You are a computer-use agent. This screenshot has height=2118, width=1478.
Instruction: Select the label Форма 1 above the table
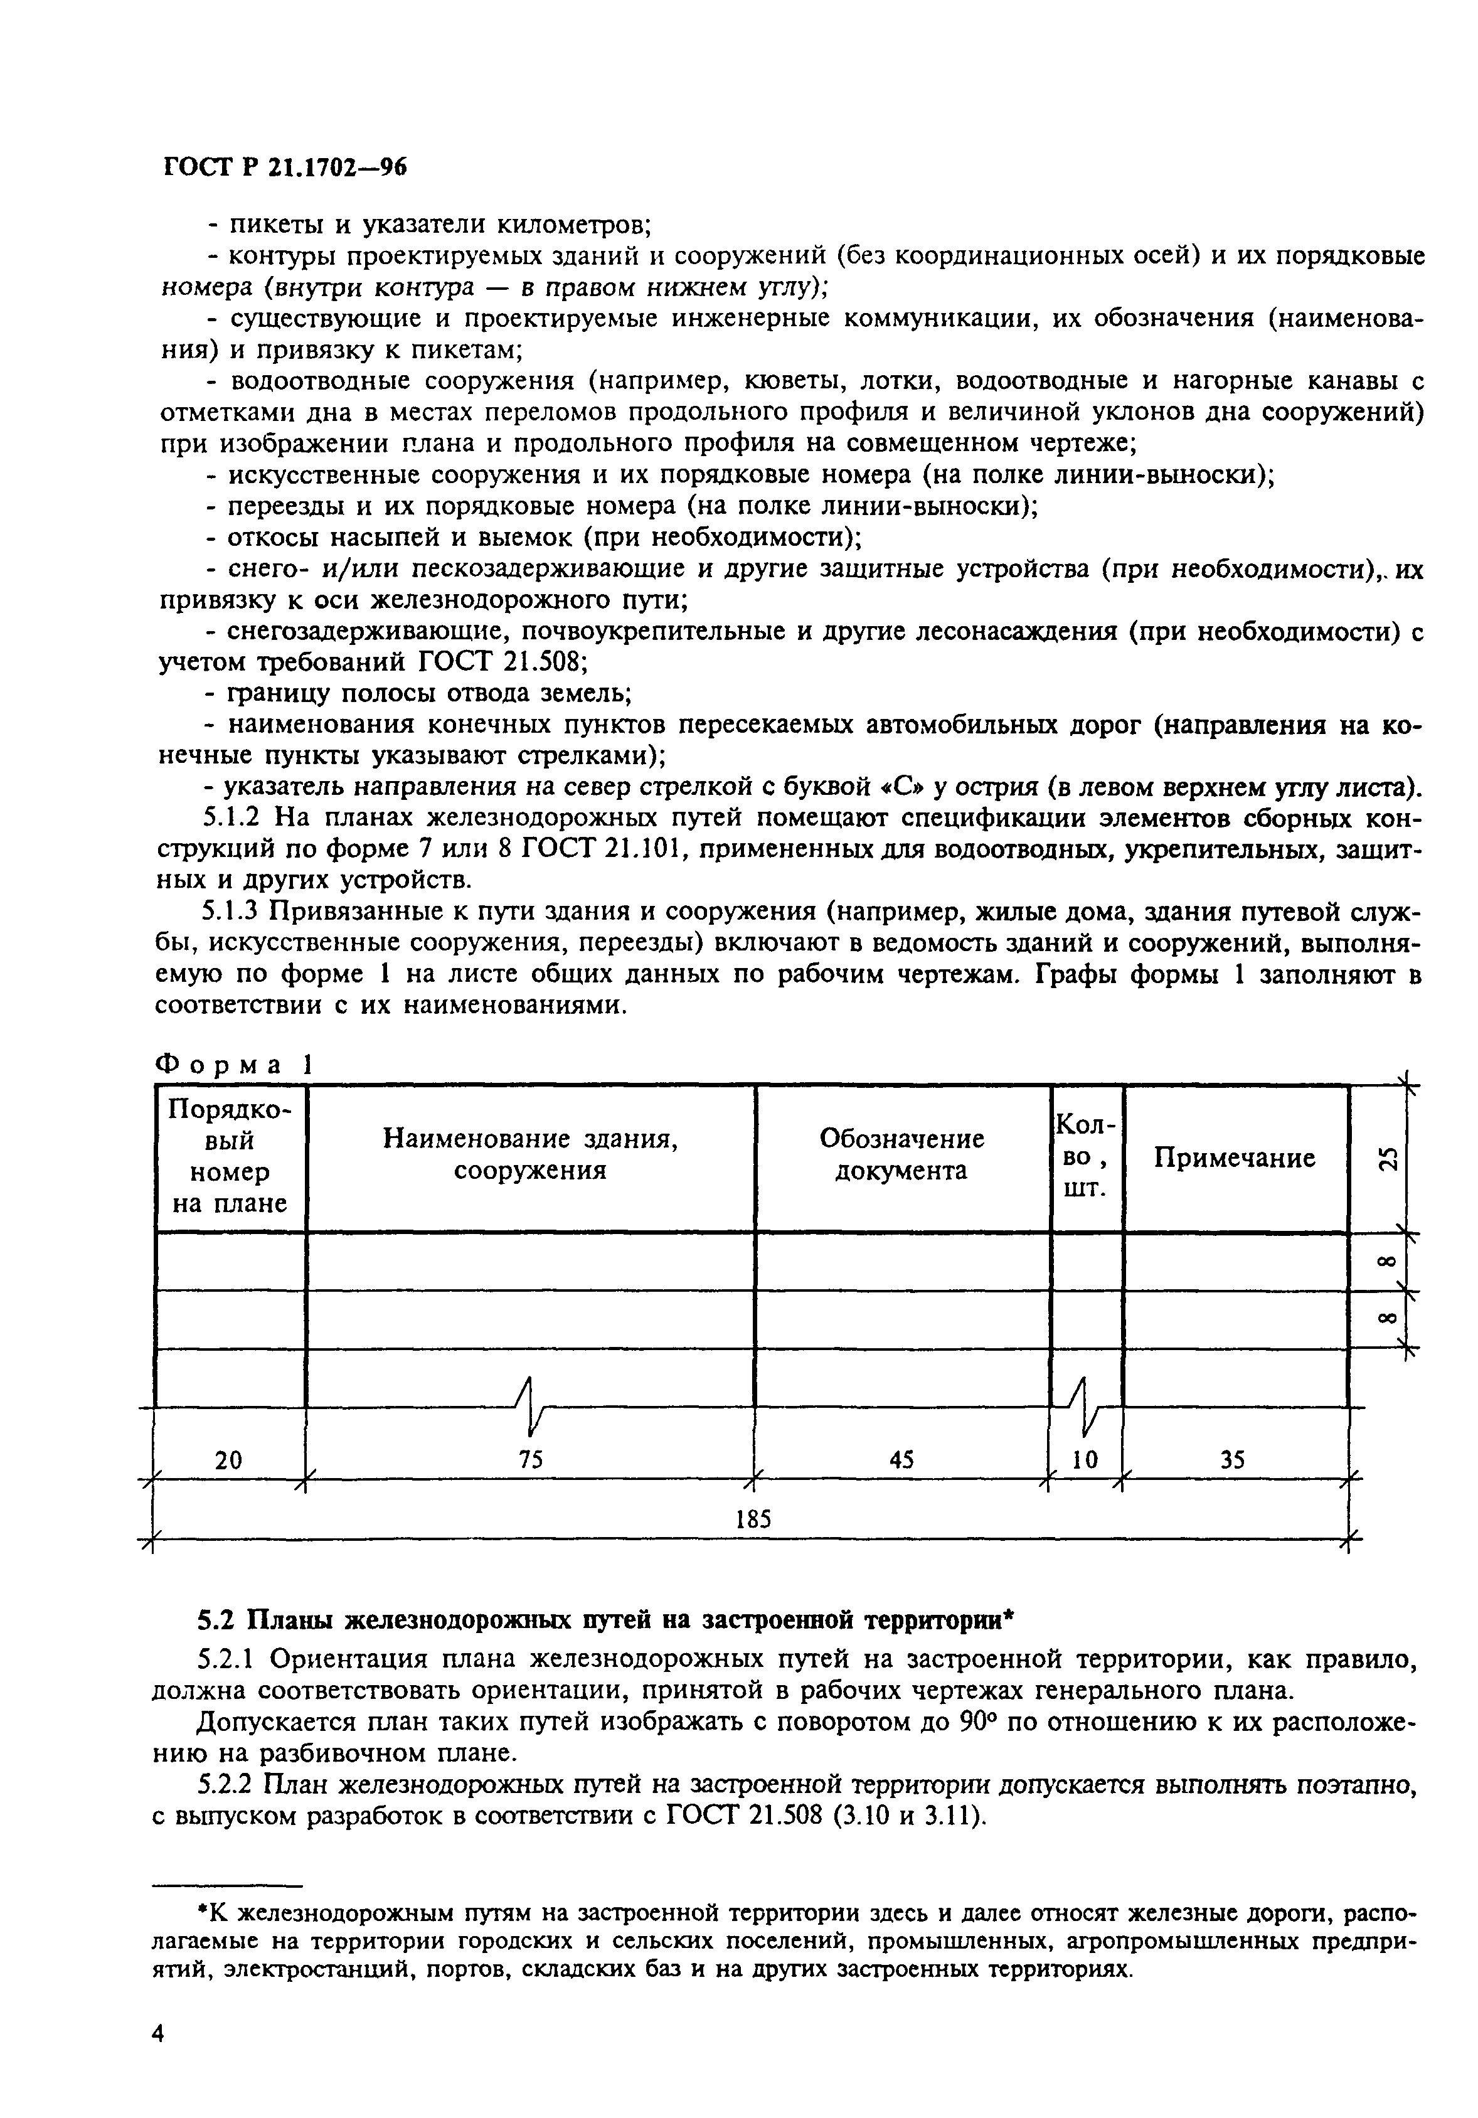[x=233, y=1063]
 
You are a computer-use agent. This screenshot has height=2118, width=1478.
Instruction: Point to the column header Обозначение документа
[x=901, y=1155]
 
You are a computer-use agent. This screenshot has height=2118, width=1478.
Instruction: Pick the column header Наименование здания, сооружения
[x=531, y=1155]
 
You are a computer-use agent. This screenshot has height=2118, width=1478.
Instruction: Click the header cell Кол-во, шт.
[x=1086, y=1156]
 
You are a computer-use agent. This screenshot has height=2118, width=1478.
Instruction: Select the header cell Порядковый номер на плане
[x=230, y=1157]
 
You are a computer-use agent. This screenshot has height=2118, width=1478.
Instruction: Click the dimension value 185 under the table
[x=753, y=1518]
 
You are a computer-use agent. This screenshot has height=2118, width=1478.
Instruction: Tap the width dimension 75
[x=531, y=1459]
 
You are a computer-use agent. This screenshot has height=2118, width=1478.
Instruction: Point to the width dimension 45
[x=901, y=1459]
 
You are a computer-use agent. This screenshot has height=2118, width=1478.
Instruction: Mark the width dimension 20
[x=228, y=1459]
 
